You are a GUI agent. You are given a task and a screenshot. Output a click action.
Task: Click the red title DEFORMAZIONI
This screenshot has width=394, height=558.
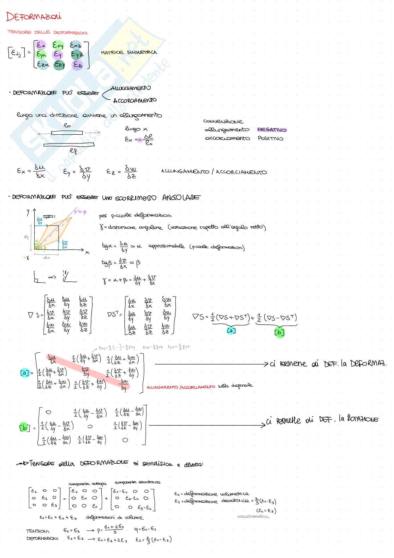click(x=34, y=17)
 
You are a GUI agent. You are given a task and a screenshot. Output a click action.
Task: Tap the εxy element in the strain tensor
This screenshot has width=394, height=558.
click(x=58, y=45)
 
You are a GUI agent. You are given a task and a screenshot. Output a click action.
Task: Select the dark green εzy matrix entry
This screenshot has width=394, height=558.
click(x=59, y=65)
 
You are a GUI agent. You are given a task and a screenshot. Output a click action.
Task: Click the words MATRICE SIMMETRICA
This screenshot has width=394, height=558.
click(x=129, y=53)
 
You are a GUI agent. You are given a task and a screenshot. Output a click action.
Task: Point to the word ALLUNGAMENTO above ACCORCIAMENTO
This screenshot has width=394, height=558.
click(x=131, y=88)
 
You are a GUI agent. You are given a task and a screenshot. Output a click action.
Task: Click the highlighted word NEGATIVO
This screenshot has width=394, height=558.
click(x=271, y=130)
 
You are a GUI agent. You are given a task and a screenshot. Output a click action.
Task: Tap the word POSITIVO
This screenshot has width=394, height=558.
click(x=270, y=139)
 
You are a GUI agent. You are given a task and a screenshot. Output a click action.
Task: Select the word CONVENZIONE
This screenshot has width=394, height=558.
click(x=223, y=122)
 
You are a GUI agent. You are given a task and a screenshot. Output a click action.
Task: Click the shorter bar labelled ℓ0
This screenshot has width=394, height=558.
click(x=67, y=133)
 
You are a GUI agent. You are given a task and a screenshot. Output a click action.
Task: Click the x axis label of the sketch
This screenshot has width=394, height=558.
click(x=88, y=252)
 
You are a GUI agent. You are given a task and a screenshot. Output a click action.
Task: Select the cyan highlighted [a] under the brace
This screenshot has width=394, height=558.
click(x=231, y=330)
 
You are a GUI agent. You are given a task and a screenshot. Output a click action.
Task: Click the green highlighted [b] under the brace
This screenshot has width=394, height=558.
click(x=279, y=332)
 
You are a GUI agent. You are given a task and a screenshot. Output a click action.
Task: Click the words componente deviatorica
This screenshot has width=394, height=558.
click(x=137, y=482)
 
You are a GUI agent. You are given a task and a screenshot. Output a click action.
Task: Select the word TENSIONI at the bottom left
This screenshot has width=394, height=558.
click(x=38, y=531)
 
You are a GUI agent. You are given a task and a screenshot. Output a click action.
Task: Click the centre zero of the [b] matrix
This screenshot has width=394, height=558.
click(x=90, y=427)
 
